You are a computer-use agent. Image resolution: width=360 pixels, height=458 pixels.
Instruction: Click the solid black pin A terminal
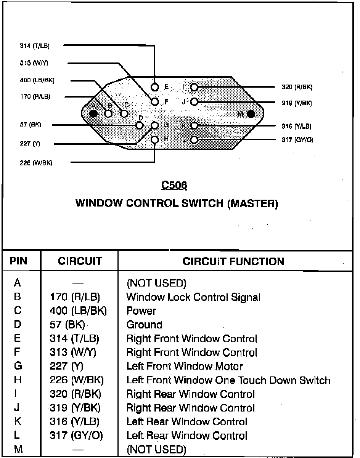(93, 113)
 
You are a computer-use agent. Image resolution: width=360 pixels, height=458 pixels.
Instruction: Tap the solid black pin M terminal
(251, 114)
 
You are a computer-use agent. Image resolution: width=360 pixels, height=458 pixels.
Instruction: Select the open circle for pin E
(154, 87)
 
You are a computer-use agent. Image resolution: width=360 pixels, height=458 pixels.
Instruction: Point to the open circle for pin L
(194, 140)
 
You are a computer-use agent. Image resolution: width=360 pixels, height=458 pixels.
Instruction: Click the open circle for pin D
(140, 125)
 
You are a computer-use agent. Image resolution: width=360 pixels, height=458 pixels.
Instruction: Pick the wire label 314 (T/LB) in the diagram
(35, 46)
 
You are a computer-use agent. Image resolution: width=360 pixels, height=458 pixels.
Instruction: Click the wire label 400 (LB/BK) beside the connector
(37, 80)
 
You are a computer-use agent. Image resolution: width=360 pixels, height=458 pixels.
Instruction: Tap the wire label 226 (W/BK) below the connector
(36, 163)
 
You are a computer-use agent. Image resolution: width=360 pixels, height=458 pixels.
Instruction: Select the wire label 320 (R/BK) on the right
(297, 87)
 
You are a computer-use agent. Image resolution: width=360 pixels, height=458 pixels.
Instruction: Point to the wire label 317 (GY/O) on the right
(297, 140)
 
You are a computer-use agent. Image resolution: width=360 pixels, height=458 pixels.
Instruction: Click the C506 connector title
(174, 185)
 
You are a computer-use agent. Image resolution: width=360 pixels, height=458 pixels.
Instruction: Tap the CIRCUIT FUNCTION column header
(233, 261)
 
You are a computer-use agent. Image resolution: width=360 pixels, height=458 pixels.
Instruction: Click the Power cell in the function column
(141, 311)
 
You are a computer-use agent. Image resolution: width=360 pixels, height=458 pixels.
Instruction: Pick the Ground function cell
(145, 325)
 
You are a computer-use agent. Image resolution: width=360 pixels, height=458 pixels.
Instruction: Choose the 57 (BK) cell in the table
(67, 325)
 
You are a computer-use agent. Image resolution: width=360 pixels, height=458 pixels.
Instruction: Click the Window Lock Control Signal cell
(193, 297)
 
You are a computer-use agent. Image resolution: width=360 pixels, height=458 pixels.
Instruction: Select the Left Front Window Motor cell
(184, 366)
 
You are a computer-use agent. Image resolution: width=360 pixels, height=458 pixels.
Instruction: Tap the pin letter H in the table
(18, 380)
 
